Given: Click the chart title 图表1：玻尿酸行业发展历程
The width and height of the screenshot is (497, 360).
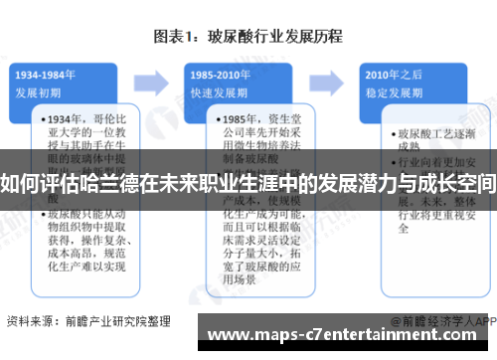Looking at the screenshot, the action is point(248,37).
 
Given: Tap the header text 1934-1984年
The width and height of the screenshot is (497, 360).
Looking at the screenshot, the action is point(47,74).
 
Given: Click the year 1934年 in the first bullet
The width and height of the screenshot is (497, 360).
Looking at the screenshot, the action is point(65,118).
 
